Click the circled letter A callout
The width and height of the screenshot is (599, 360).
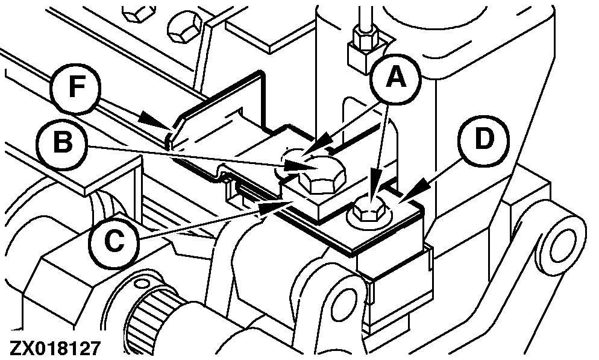point(395,79)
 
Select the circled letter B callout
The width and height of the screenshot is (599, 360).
point(62,144)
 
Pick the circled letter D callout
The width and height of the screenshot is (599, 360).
point(484,141)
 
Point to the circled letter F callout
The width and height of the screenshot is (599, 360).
point(76,89)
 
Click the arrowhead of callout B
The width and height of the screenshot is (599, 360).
point(297,167)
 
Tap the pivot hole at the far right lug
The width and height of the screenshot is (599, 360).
point(562,245)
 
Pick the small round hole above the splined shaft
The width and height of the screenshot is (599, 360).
point(142,283)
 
